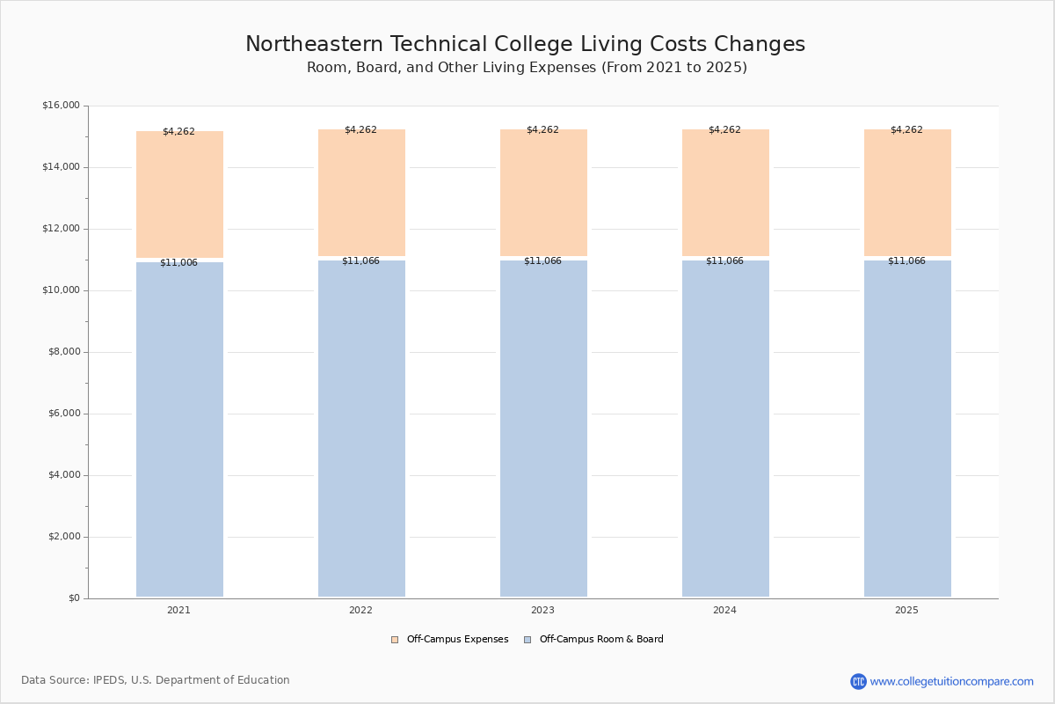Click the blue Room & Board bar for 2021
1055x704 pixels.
coord(179,431)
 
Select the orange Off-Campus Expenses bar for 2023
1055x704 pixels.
coord(543,194)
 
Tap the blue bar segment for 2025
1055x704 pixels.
coord(907,431)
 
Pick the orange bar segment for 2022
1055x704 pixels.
coord(361,194)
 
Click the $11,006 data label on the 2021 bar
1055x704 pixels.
coord(178,262)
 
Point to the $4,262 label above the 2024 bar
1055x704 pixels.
coord(724,129)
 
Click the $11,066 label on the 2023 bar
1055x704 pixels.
coord(542,260)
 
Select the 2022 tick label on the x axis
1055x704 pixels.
coord(360,610)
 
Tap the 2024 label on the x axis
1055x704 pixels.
coord(724,610)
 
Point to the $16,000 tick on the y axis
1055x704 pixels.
coord(61,106)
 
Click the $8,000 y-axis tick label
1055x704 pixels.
coord(63,352)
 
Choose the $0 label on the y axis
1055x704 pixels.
coord(73,598)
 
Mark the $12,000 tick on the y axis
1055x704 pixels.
coord(61,229)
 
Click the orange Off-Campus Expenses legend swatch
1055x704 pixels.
coord(395,640)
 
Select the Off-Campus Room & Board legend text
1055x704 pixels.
coord(601,640)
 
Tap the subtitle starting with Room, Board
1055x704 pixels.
coord(527,68)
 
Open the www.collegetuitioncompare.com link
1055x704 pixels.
coord(951,681)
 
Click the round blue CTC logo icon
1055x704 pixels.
coord(858,681)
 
